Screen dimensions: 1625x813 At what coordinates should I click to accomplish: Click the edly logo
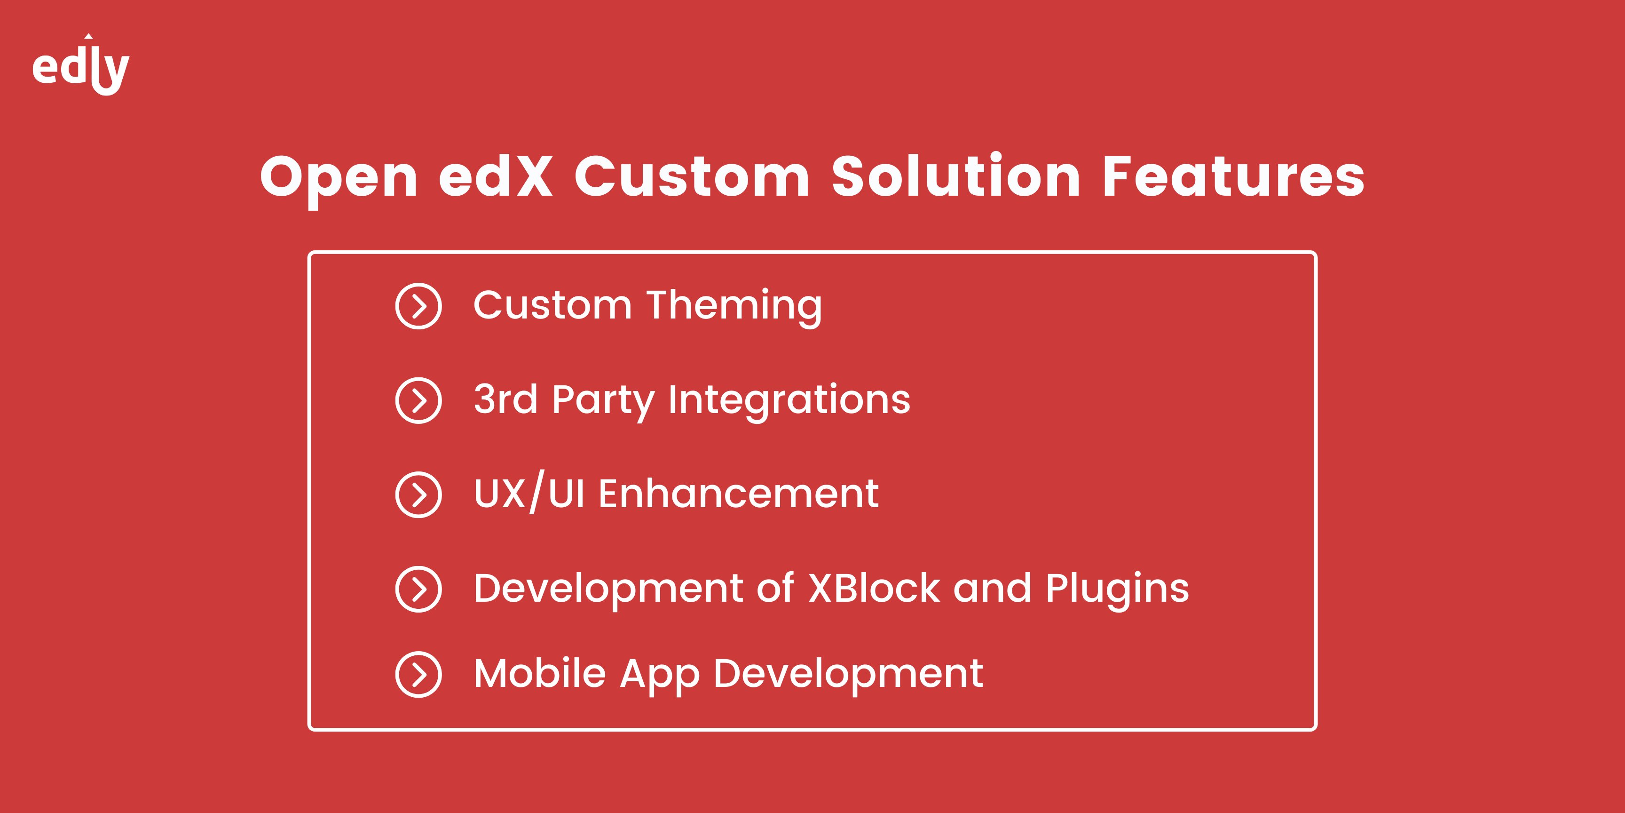pyautogui.click(x=81, y=65)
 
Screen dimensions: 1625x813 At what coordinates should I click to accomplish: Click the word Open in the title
pyautogui.click(x=339, y=179)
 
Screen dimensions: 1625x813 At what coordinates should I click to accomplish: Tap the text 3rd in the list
pyautogui.click(x=505, y=399)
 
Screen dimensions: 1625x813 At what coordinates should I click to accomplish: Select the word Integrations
pyautogui.click(x=789, y=401)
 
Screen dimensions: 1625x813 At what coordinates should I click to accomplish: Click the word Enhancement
pyautogui.click(x=738, y=493)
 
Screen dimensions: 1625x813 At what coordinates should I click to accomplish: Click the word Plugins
pyautogui.click(x=1117, y=590)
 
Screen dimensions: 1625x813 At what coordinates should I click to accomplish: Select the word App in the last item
pyautogui.click(x=660, y=676)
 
